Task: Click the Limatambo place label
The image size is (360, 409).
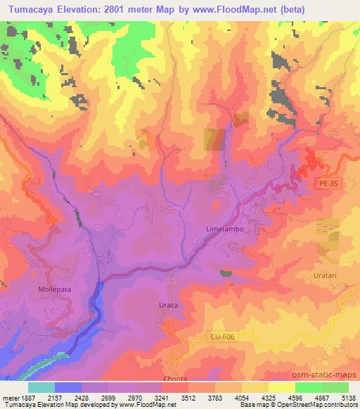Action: click(224, 229)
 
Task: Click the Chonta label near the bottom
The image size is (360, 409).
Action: click(175, 378)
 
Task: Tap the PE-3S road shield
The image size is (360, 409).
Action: click(324, 181)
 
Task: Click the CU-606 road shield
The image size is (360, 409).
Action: click(222, 337)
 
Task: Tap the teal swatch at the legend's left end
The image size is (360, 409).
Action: click(41, 387)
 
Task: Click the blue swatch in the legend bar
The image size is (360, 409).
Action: click(68, 387)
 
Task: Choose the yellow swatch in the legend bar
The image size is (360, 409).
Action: click(282, 387)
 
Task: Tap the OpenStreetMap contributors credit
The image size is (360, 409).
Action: click(319, 405)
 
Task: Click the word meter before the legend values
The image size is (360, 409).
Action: click(12, 397)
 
